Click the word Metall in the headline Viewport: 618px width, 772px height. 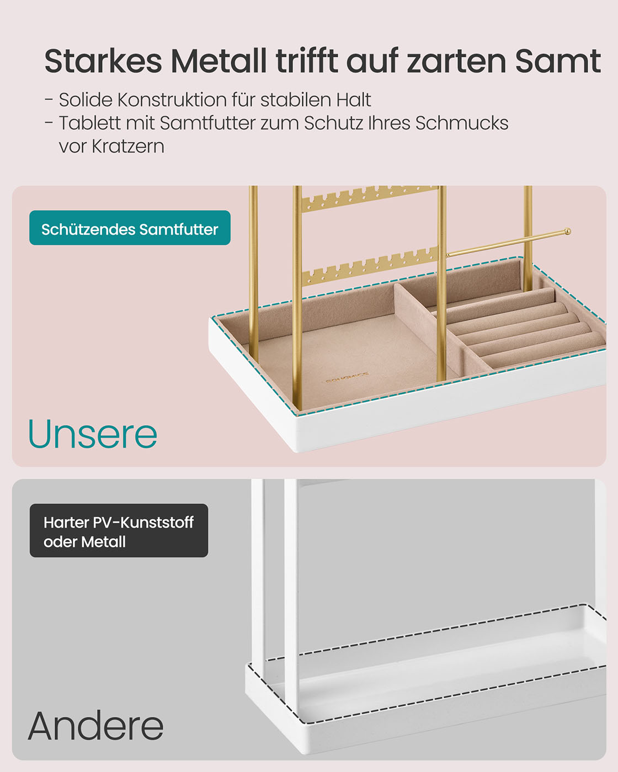(219, 61)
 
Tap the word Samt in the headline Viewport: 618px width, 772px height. (558, 61)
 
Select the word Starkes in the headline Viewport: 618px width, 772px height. (103, 61)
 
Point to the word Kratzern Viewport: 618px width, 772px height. (128, 146)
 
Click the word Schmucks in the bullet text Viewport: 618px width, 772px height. (462, 123)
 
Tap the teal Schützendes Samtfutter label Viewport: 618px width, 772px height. (130, 228)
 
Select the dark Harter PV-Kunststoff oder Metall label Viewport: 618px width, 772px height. (119, 530)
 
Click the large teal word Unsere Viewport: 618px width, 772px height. (93, 434)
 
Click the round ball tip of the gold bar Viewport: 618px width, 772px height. (567, 232)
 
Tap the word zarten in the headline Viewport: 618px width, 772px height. (457, 61)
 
